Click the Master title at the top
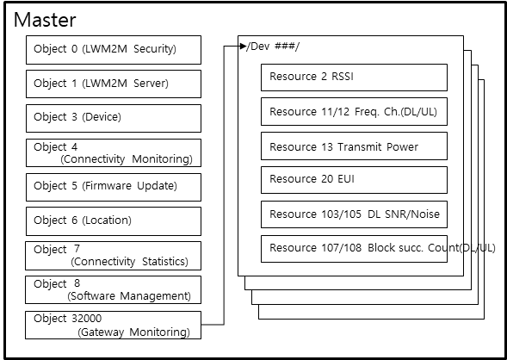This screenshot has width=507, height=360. click(45, 20)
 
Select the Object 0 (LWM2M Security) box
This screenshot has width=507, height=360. click(114, 50)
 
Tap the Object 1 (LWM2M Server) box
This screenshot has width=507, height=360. click(114, 84)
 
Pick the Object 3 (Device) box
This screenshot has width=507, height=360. click(114, 118)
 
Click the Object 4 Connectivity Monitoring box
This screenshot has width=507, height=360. click(114, 153)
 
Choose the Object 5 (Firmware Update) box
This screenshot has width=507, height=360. click(114, 187)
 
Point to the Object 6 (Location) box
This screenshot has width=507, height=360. click(114, 221)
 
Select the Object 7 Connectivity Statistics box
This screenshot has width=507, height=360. click(113, 256)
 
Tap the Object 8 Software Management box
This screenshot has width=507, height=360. click(113, 290)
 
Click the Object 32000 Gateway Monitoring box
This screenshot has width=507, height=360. click(113, 325)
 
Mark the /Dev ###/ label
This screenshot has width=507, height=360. click(273, 47)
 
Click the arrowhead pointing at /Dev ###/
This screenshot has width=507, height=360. click(243, 47)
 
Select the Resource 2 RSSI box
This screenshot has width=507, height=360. click(354, 78)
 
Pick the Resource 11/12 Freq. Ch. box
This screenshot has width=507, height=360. click(354, 112)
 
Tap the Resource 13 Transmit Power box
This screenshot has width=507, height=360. click(354, 146)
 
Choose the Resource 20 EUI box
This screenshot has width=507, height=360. click(354, 180)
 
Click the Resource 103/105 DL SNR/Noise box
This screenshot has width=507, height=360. click(354, 214)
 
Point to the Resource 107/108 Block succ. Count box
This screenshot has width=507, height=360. click(354, 249)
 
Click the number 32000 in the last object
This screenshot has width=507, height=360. click(85, 319)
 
